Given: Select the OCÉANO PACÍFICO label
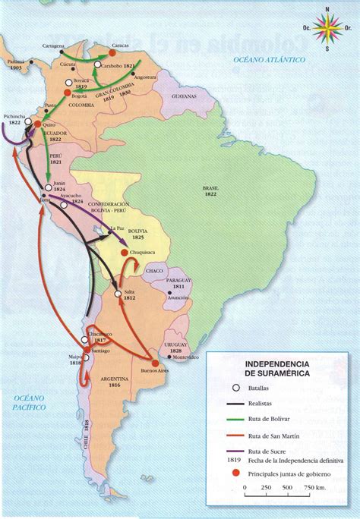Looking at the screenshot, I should point(24,403).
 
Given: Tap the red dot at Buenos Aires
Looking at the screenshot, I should point(156,363).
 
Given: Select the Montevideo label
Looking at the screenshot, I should point(185,356).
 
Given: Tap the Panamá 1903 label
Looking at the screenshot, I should point(12,61).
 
